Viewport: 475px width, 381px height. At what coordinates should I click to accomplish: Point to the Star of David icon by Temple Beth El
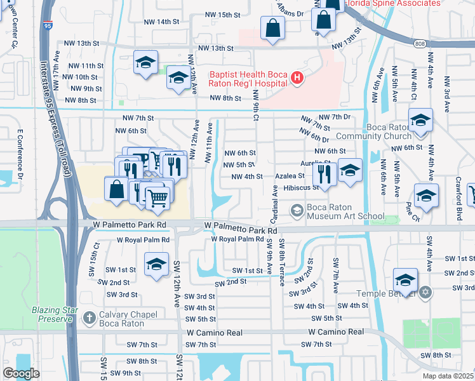click(x=426, y=293)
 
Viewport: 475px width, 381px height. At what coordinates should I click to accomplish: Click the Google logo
click(x=21, y=373)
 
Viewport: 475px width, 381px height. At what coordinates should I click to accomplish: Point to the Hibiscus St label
click(x=301, y=188)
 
